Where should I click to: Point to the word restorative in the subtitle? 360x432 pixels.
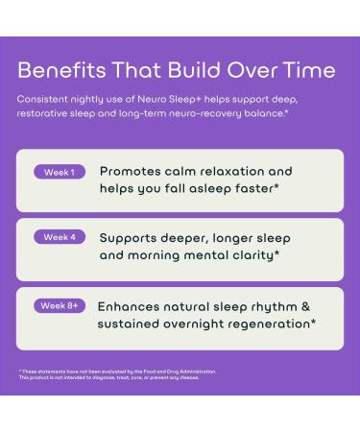coord(46,113)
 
